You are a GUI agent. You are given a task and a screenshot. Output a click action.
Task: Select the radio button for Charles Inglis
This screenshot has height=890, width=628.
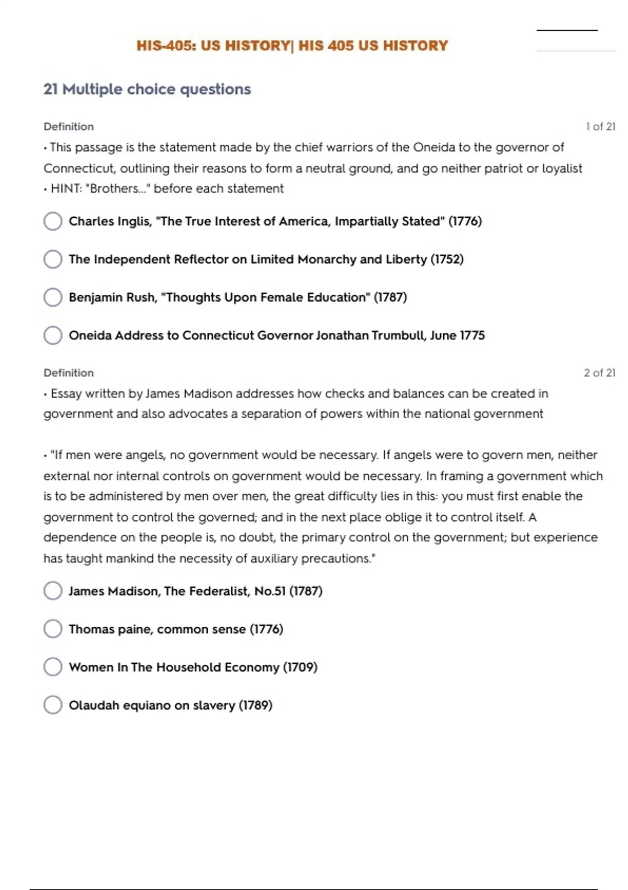click(x=53, y=221)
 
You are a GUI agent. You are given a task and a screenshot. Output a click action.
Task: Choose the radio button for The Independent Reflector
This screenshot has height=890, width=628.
click(x=53, y=259)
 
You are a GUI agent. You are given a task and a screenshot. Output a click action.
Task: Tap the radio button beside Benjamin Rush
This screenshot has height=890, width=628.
click(x=53, y=297)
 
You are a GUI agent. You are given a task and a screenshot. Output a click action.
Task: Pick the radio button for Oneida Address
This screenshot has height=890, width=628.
click(x=53, y=335)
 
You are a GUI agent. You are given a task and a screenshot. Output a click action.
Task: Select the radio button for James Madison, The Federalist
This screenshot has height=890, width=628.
click(x=53, y=591)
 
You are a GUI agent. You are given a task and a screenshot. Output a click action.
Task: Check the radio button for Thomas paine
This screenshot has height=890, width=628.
click(x=53, y=629)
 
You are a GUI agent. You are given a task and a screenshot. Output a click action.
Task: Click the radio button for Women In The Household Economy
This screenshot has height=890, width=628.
click(x=53, y=667)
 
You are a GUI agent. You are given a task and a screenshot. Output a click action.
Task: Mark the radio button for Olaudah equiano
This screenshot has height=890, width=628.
click(x=53, y=705)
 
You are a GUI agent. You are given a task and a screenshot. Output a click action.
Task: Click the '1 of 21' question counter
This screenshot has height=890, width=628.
click(x=600, y=127)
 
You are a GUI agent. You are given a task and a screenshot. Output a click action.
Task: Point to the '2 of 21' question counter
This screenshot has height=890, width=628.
click(x=599, y=373)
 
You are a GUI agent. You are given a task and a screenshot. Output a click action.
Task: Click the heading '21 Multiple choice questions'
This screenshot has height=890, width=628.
click(x=147, y=90)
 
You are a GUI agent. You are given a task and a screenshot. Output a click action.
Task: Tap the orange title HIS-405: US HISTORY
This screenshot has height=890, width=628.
click(x=292, y=46)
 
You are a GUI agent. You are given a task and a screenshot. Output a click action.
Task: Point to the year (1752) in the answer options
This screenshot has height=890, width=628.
click(x=447, y=259)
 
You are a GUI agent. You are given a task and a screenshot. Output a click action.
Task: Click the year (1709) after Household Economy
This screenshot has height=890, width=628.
click(x=300, y=667)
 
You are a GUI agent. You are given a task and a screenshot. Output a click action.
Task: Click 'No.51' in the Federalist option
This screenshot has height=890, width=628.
click(x=270, y=591)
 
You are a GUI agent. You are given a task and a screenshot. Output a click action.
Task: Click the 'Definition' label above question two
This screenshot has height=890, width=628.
click(x=69, y=373)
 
